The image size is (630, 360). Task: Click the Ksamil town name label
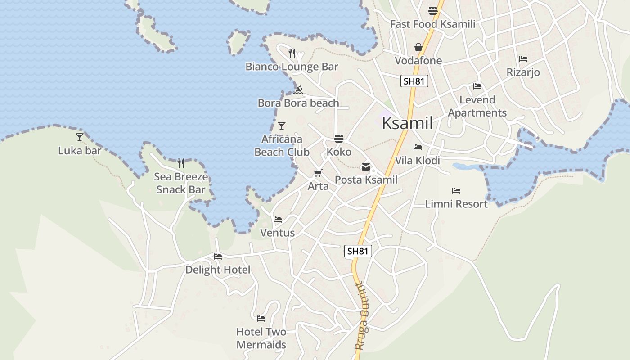(x=407, y=123)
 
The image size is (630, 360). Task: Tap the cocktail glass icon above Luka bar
(x=80, y=137)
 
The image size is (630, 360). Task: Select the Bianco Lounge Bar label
(x=292, y=67)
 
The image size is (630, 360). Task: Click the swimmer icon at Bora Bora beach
(x=298, y=90)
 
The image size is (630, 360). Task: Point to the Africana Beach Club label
(x=282, y=146)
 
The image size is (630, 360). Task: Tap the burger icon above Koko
(x=339, y=139)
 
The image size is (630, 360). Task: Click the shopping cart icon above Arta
(x=318, y=173)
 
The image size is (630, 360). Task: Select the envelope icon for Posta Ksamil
(x=366, y=167)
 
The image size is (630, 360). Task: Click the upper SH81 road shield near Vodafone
(x=414, y=81)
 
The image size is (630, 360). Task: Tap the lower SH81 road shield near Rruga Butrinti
(x=358, y=251)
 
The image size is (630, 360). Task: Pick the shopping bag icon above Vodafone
(x=418, y=47)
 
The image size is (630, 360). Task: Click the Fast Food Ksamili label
(x=432, y=24)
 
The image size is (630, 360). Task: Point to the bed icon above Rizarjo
(x=523, y=59)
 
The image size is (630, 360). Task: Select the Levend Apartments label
(x=477, y=106)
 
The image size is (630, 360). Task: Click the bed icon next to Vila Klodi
(x=418, y=147)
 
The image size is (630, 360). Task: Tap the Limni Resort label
(x=456, y=204)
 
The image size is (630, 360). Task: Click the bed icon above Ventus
(x=278, y=220)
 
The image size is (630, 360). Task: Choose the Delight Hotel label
(x=218, y=270)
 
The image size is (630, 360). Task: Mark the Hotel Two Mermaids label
(x=261, y=338)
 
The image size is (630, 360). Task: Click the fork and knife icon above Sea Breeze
(x=181, y=163)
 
